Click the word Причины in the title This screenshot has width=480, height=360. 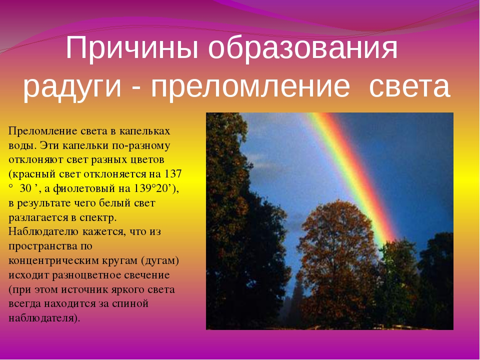(x=132, y=49)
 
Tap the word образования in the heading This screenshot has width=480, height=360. (x=303, y=49)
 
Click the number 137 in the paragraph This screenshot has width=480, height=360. (x=173, y=174)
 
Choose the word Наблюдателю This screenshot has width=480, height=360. (x=44, y=231)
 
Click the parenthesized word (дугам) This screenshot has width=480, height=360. (x=160, y=261)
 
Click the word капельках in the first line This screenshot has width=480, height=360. (x=144, y=131)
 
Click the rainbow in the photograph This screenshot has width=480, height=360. (x=351, y=171)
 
